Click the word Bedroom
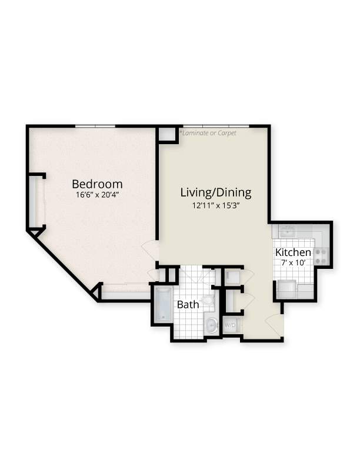(97, 183)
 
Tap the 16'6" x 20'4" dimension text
(97, 195)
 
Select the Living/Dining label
(215, 192)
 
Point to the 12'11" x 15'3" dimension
(215, 205)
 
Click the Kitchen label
(293, 252)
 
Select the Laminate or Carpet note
(209, 133)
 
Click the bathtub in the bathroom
(162, 304)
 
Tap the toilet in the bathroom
(207, 302)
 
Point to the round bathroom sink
(211, 324)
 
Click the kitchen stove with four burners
(321, 255)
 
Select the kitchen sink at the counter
(288, 231)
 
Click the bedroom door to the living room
(151, 251)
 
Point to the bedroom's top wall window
(95, 125)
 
